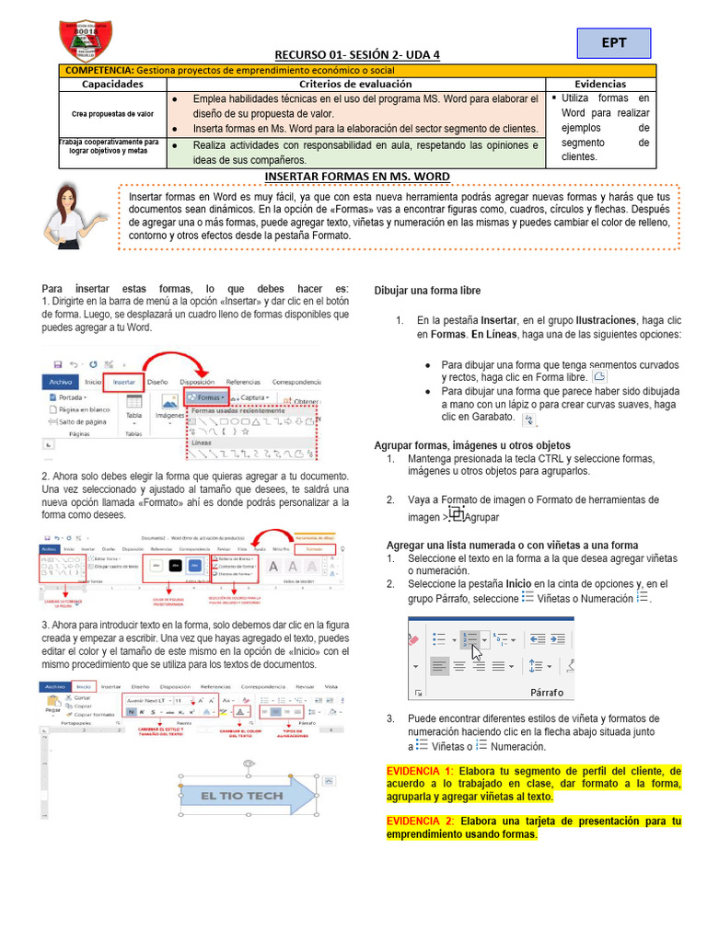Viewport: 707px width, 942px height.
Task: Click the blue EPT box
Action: point(614,43)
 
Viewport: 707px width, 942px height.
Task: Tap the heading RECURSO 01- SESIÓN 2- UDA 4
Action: point(357,55)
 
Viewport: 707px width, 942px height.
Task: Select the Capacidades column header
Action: point(112,84)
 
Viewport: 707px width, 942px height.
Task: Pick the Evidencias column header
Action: point(600,84)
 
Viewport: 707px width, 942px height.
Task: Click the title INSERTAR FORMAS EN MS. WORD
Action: point(357,176)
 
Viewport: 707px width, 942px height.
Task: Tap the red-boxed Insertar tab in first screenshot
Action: point(123,381)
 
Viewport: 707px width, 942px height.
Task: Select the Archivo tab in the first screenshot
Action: point(61,381)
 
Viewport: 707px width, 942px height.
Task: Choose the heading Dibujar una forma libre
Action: point(427,291)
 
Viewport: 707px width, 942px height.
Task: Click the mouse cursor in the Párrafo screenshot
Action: point(476,652)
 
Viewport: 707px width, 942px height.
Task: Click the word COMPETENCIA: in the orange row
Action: point(99,70)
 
